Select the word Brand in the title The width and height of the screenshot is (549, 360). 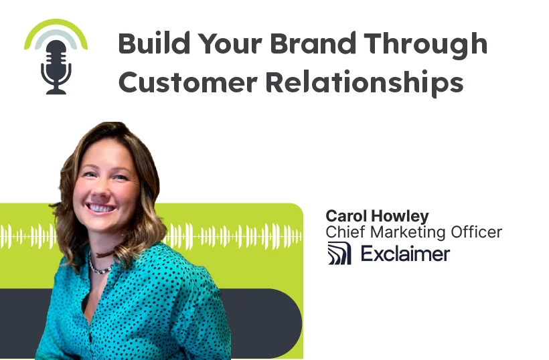click(302, 43)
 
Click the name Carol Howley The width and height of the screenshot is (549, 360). click(376, 216)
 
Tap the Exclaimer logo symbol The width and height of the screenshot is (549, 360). click(339, 254)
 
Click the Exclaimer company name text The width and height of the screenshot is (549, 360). click(405, 254)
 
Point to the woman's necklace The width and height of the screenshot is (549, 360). click(101, 268)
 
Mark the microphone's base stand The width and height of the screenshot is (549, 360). click(56, 90)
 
